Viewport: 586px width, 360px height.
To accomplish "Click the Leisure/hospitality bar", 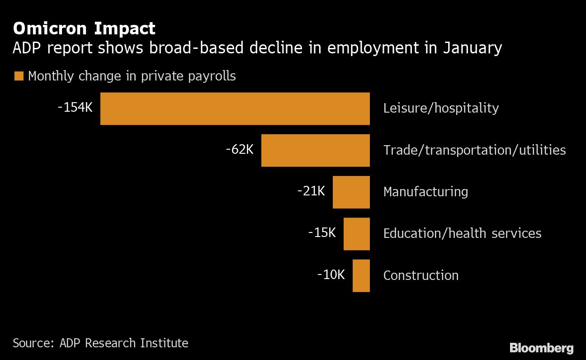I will (235, 109).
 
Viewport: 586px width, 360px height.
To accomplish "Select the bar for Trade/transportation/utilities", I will (315, 150).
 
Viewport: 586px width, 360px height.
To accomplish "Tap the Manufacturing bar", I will (351, 192).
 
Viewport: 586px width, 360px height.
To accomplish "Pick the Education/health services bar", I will (356, 234).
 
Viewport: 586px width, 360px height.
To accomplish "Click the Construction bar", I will (361, 275).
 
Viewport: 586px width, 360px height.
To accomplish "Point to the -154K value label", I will (75, 108).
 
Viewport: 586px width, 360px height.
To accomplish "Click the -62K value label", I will (240, 149).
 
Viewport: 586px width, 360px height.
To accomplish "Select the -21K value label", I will (311, 191).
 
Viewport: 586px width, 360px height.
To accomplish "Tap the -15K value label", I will (322, 232).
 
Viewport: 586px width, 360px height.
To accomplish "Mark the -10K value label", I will (331, 274).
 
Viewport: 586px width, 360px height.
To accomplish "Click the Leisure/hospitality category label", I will (441, 108).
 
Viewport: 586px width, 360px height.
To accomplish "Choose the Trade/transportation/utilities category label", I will (474, 150).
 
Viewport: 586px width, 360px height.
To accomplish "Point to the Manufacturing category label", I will (425, 192).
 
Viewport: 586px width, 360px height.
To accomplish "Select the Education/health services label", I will (462, 233).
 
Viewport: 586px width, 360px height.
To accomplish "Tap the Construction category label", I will (421, 275).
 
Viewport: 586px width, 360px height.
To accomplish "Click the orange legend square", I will (19, 76).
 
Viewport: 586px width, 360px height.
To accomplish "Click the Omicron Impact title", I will (84, 28).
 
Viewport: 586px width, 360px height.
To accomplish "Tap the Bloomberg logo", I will (541, 348).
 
